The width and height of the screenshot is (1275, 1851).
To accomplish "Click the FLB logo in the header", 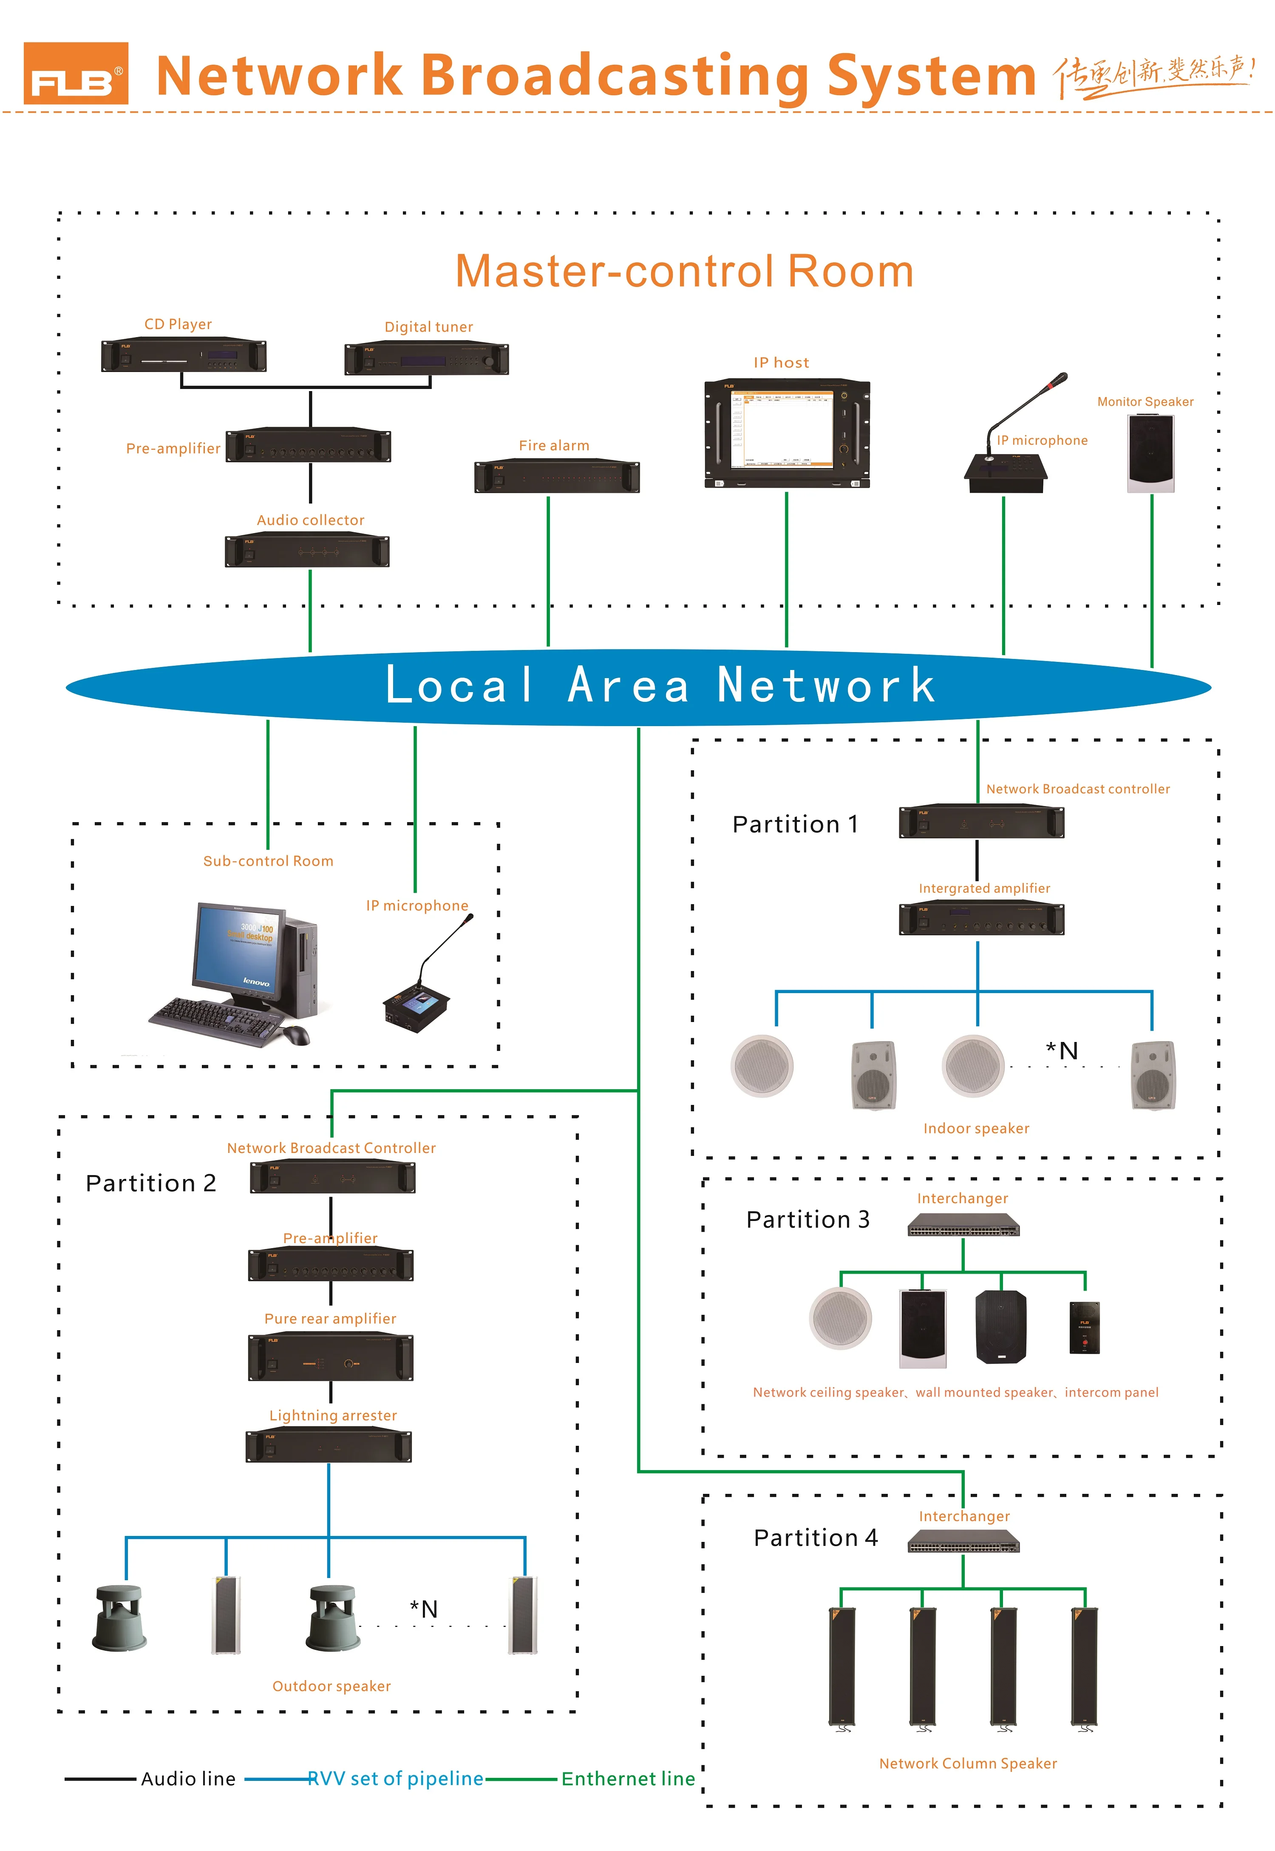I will (76, 74).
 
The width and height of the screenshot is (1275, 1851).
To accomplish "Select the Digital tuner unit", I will (427, 359).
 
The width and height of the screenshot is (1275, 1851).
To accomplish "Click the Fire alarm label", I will (554, 446).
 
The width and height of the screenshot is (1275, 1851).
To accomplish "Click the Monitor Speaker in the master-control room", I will (1150, 453).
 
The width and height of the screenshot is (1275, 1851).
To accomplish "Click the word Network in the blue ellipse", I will (826, 685).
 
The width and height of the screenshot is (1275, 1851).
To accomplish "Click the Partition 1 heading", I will (795, 824).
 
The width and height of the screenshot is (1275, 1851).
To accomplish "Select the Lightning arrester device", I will (329, 1447).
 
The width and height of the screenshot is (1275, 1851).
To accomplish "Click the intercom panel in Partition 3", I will (1084, 1328).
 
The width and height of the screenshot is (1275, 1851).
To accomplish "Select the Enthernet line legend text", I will (628, 1779).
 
